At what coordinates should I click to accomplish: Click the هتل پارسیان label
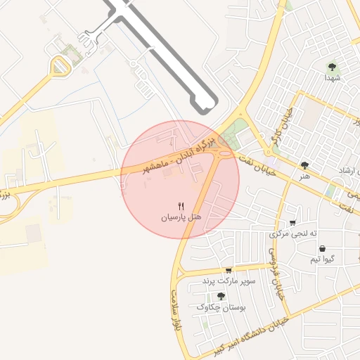[x=181, y=218]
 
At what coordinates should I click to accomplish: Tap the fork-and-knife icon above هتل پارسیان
[x=181, y=206]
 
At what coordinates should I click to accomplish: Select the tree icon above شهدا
[x=332, y=67]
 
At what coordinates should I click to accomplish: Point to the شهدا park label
[x=332, y=79]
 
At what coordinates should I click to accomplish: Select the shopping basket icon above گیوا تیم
[x=322, y=248]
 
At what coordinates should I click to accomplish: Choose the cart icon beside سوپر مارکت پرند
[x=229, y=271]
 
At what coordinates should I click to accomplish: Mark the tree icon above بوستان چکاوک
[x=221, y=296]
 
